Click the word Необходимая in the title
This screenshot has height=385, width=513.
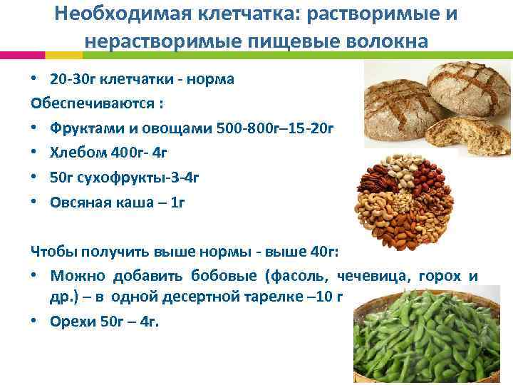[120, 15]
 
